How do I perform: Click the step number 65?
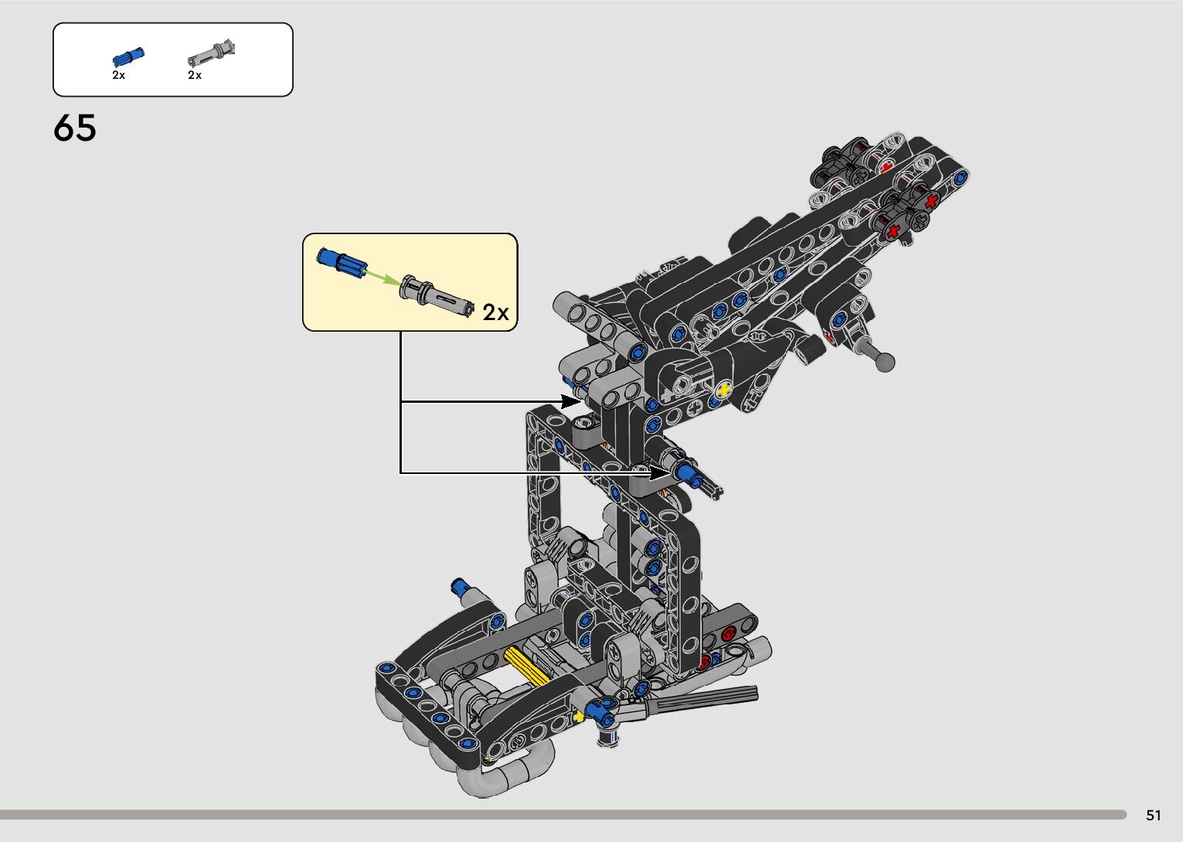pos(74,128)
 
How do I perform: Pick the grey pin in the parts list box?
pos(211,53)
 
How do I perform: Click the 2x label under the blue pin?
pos(119,75)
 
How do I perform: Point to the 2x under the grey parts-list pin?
pos(195,75)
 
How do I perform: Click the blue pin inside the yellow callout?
pos(342,262)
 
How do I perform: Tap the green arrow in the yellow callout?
pos(382,277)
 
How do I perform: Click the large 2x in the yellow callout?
pos(495,312)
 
